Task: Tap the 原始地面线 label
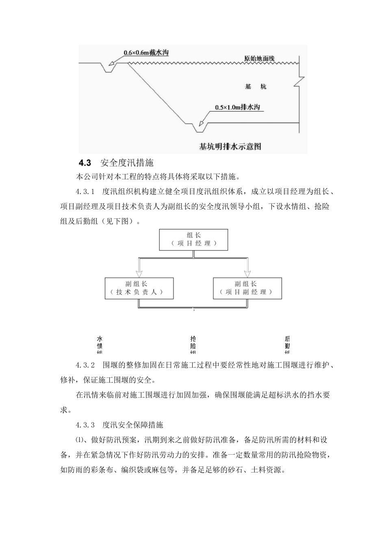coord(259,59)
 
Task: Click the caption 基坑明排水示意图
coord(230,146)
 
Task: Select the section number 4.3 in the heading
coord(84,163)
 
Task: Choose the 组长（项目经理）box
coord(193,239)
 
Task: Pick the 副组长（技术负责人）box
coord(139,288)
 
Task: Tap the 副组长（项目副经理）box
coord(247,288)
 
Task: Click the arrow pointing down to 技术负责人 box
coord(139,269)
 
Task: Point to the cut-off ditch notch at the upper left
coord(108,68)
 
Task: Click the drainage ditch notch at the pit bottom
coord(199,127)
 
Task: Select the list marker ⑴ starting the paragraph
coord(79,440)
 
